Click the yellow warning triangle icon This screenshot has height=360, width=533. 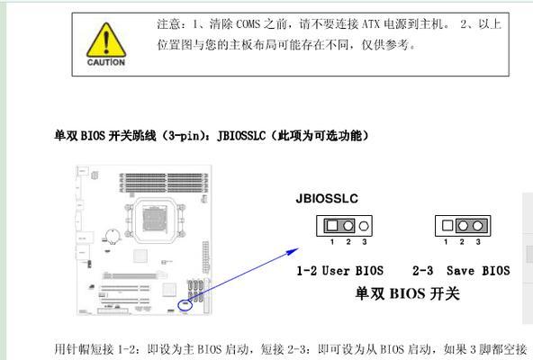[x=106, y=40]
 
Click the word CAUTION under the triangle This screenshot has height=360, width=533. [x=106, y=62]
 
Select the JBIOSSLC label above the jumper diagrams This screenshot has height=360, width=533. [x=327, y=199]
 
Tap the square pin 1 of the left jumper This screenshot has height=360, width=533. [x=332, y=225]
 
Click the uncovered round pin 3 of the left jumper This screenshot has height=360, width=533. [x=364, y=226]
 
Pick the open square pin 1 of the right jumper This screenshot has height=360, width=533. [x=447, y=225]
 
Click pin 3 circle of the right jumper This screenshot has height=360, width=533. [x=477, y=225]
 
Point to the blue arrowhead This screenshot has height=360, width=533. [x=293, y=252]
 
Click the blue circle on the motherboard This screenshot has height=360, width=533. [x=185, y=305]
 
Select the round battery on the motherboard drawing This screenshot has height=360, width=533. [x=113, y=236]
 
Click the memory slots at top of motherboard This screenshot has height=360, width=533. [x=164, y=183]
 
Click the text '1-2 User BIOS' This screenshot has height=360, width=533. [x=340, y=271]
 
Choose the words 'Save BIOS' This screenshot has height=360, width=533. [x=478, y=271]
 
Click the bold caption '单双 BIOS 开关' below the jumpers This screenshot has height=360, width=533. [x=408, y=293]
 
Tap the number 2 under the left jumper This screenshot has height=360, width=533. [x=348, y=242]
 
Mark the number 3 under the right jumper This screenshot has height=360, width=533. [x=478, y=242]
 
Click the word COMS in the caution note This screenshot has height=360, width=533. [x=248, y=24]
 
